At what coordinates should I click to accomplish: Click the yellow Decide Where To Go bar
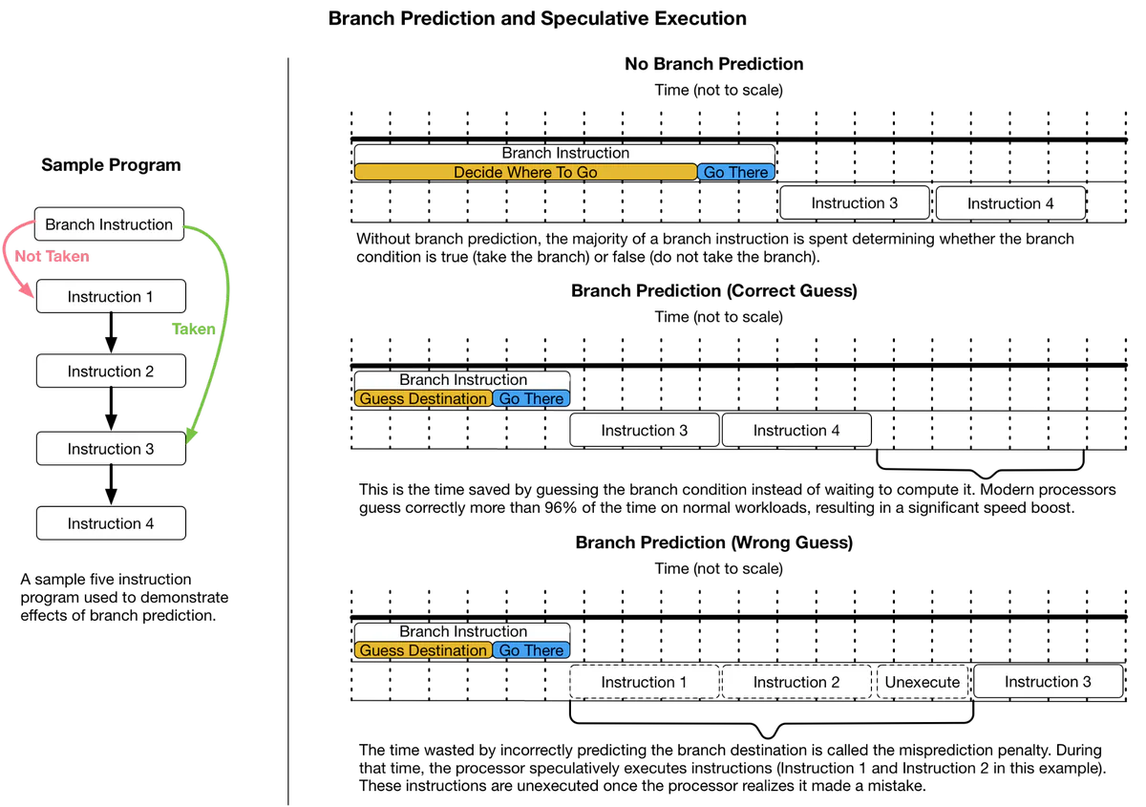(x=525, y=172)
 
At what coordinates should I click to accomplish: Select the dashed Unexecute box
(x=923, y=682)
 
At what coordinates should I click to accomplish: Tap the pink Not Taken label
(x=53, y=257)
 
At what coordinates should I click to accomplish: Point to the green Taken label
(x=194, y=329)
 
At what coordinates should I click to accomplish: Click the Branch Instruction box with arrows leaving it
(x=109, y=224)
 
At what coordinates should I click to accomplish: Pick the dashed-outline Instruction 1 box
(x=644, y=682)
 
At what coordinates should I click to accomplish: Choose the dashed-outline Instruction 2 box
(x=796, y=682)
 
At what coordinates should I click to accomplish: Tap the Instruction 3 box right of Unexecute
(x=1048, y=681)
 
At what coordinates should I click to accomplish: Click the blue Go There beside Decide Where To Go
(x=735, y=172)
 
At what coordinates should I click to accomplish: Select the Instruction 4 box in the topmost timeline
(x=1010, y=203)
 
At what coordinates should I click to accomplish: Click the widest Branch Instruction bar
(x=564, y=153)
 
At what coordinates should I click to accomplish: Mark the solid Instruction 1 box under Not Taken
(x=110, y=296)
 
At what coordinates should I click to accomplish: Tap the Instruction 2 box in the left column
(x=110, y=371)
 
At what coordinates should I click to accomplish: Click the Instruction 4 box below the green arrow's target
(x=110, y=523)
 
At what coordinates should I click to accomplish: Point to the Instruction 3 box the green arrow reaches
(x=110, y=448)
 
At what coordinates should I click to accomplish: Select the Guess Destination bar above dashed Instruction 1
(x=423, y=650)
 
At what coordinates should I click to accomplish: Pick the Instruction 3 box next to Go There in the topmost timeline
(x=854, y=202)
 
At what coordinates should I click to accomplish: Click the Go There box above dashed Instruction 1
(x=531, y=650)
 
